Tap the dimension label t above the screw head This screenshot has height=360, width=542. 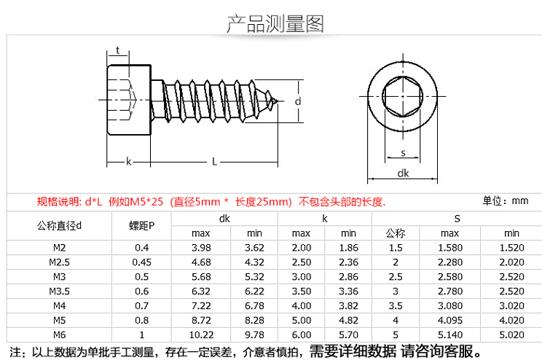[x=117, y=51]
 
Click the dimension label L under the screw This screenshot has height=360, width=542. [x=214, y=162]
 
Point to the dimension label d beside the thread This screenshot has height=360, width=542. [x=298, y=101]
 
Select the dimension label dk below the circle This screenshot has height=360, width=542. [x=403, y=173]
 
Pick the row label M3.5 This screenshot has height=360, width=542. [x=60, y=291]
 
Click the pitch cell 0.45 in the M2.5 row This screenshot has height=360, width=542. [x=142, y=262]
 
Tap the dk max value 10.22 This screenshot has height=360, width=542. [x=200, y=334]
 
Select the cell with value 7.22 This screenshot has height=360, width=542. [x=200, y=305]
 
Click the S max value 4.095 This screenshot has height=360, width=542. [x=450, y=320]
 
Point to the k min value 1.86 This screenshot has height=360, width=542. [x=348, y=248]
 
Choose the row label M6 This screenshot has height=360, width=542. [x=60, y=334]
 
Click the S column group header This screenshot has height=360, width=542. [x=457, y=219]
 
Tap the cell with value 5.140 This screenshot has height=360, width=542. [x=450, y=334]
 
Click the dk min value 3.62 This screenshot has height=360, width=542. [x=254, y=248]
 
